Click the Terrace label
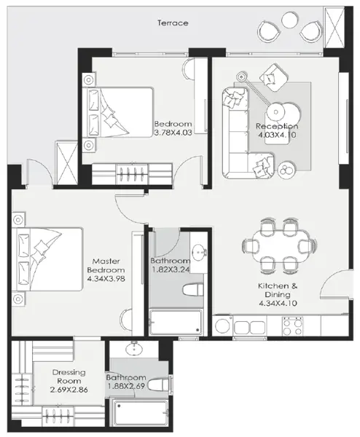coord(173,23)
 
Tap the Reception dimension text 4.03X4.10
coord(277,135)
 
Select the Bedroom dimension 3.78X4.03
coord(173,133)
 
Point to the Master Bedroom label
coord(106,266)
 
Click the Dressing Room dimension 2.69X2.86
coord(69,390)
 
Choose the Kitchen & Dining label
coord(278,290)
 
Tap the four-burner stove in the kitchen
coord(292,326)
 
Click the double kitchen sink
coord(250,328)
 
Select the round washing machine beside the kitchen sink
coord(222,326)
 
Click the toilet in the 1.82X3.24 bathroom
coord(192,290)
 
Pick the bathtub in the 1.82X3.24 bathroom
coord(176,322)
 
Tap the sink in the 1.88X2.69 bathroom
coord(134,348)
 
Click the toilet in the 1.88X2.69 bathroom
coord(159,385)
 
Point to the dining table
coord(279,246)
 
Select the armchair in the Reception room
coord(273,77)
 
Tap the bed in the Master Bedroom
coord(47,259)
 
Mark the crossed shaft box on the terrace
coord(335,28)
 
